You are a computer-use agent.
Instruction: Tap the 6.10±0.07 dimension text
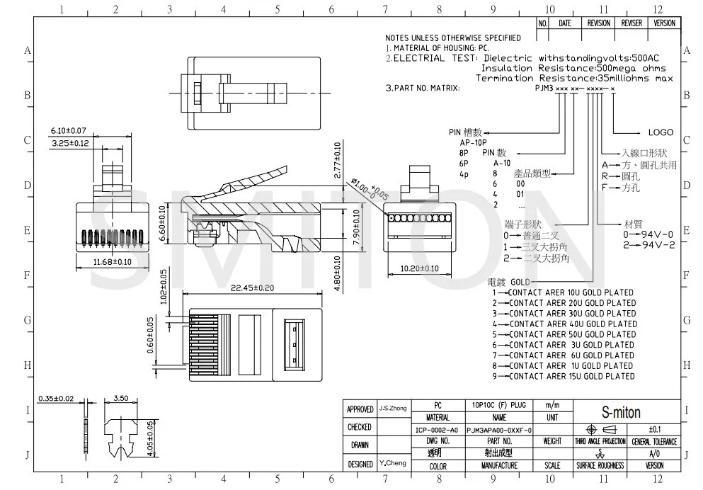pos(68,131)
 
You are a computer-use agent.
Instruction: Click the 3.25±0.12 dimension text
pos(70,144)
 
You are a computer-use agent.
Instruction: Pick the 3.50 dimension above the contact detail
pos(120,399)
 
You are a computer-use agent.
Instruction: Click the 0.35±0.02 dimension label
pos(56,399)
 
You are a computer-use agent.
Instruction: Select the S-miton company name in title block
pos(621,412)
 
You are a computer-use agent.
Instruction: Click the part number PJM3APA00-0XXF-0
pos(494,430)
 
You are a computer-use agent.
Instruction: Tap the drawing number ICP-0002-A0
pos(437,430)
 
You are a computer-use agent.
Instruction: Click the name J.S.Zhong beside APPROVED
pos(392,409)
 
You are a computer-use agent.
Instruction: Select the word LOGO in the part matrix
pos(660,132)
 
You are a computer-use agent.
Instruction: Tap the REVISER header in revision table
pos(631,23)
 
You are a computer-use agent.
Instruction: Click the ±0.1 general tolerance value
pos(654,430)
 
